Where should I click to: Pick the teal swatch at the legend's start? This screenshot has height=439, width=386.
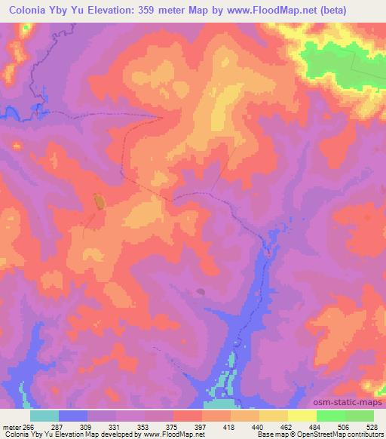pos(44,416)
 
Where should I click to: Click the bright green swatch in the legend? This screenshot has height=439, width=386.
pos(330,416)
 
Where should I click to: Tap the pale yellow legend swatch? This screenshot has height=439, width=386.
pos(302,416)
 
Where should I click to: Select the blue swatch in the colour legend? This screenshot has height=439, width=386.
pos(73,416)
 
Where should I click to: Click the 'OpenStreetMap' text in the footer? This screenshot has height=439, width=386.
pos(323,434)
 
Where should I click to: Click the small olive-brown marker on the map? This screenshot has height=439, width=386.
pos(98,201)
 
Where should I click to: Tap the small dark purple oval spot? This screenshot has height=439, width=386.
pos(200,290)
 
